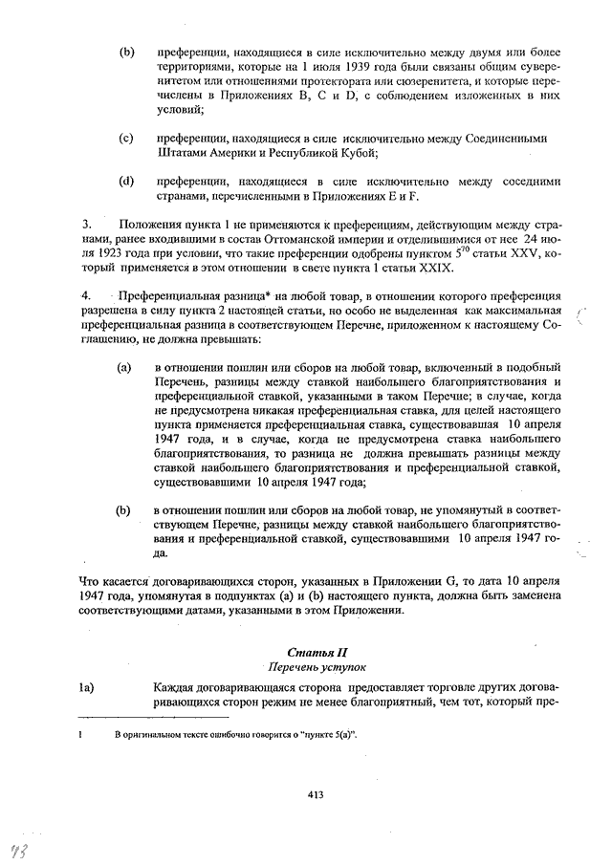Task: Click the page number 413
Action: (317, 792)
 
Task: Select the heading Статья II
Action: (315, 651)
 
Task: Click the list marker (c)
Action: (125, 140)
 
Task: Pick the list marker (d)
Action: (125, 181)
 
